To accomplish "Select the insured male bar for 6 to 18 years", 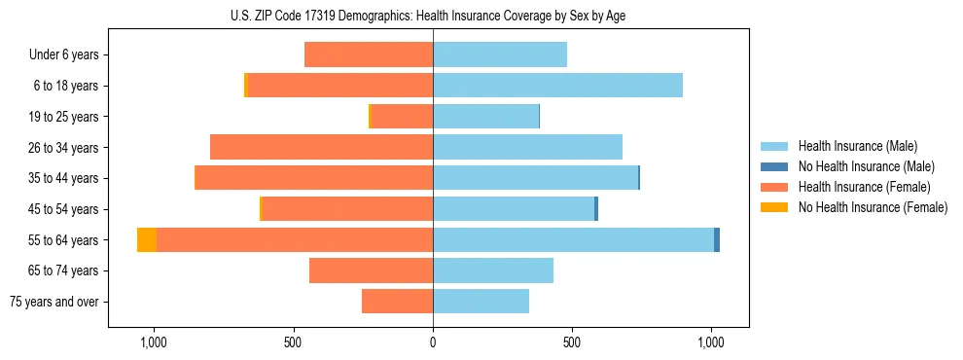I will (557, 86).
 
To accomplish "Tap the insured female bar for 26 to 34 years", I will (321, 147).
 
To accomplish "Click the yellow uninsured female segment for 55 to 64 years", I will (147, 239).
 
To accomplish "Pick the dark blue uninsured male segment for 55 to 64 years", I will (717, 239).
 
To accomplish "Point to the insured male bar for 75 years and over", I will (481, 302).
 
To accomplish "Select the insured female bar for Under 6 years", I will (369, 54).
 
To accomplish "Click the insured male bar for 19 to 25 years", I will (485, 117).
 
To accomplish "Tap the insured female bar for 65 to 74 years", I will (371, 270).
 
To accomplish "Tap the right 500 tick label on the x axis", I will (572, 343).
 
